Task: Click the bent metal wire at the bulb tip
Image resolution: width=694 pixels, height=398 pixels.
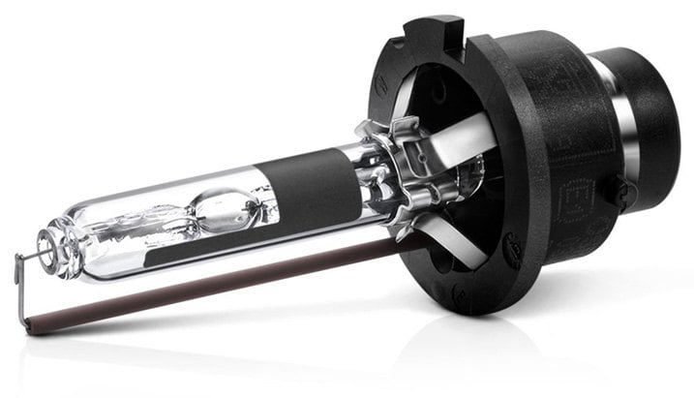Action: click(x=21, y=281)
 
